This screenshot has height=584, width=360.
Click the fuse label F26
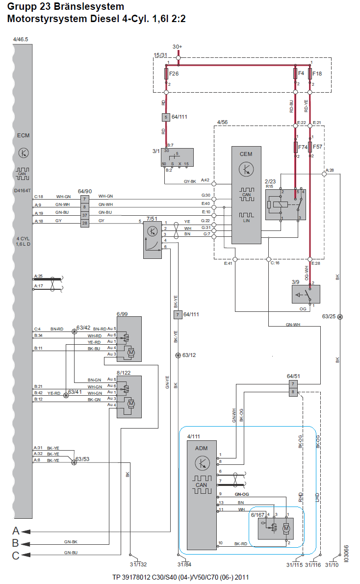tap(174, 74)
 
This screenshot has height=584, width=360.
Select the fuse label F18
tap(317, 74)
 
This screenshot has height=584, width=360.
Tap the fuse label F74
tap(304, 146)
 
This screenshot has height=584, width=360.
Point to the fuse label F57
tap(318, 146)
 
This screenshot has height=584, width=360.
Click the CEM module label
tap(246, 153)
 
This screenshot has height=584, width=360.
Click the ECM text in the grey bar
tap(23, 136)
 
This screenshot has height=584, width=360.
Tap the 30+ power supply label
tap(178, 47)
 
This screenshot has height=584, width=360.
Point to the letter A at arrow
tap(16, 531)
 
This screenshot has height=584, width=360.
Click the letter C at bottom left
tap(16, 555)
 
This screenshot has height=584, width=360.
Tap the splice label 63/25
tap(329, 316)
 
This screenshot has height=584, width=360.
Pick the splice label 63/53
tap(82, 459)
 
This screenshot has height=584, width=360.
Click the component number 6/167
tap(257, 514)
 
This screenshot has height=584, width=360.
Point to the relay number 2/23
tap(270, 181)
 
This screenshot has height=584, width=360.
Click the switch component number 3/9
tap(295, 282)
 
